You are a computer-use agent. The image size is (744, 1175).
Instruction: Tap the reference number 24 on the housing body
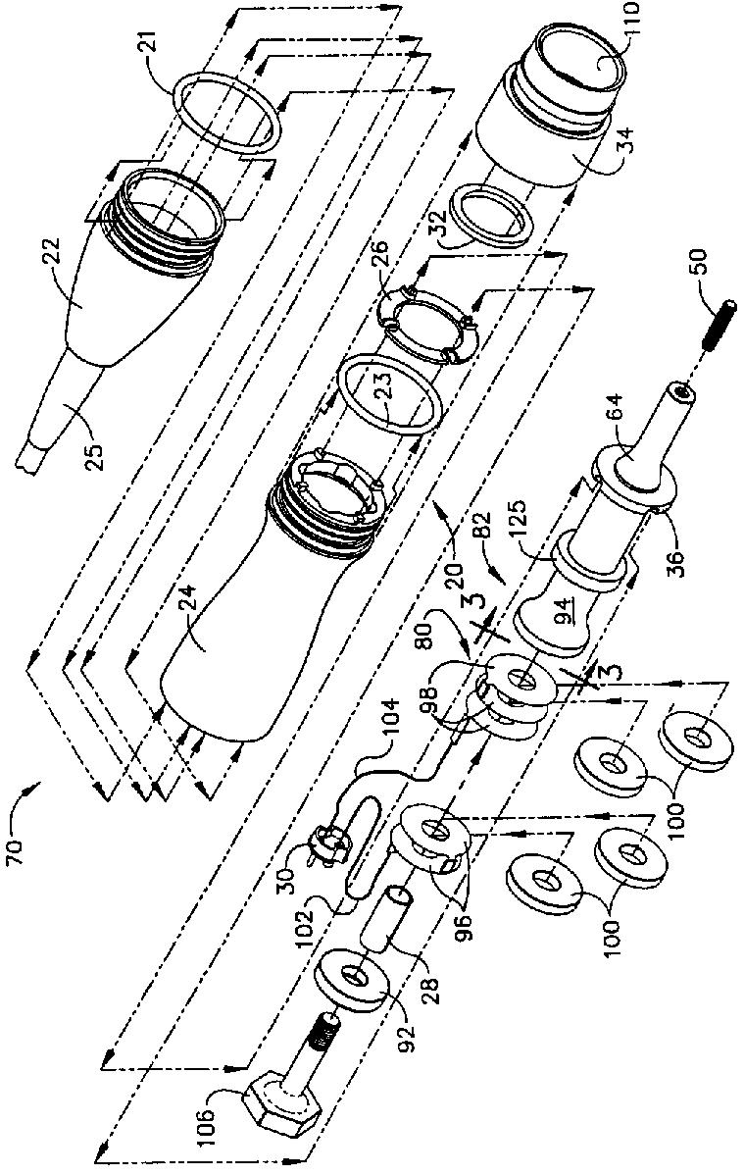point(203,647)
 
